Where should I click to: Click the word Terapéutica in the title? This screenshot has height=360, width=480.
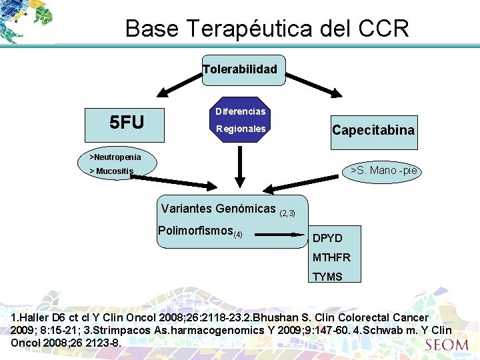pyautogui.click(x=257, y=29)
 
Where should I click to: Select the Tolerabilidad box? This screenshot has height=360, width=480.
pyautogui.click(x=240, y=69)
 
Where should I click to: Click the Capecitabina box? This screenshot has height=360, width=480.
pyautogui.click(x=373, y=130)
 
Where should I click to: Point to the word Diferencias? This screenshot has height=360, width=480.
pyautogui.click(x=240, y=111)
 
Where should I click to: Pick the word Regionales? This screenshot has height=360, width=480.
pyautogui.click(x=240, y=129)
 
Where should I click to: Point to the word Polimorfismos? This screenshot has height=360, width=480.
pyautogui.click(x=195, y=231)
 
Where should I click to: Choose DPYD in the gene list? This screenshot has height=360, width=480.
pyautogui.click(x=327, y=238)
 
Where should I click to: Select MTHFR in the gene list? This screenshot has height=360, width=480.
pyautogui.click(x=331, y=257)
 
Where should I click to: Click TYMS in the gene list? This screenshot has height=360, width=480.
pyautogui.click(x=327, y=277)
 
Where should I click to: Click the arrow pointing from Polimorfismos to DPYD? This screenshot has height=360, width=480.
pyautogui.click(x=279, y=235)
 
